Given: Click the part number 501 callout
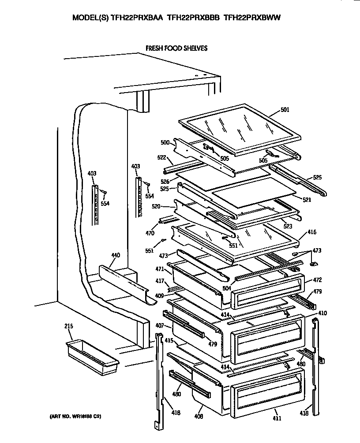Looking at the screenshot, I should click(285, 110).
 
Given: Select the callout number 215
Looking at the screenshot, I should click(68, 326).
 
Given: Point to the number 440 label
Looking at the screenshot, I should click(116, 255).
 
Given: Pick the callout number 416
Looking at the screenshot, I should click(311, 232).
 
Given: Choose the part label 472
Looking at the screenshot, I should click(317, 280).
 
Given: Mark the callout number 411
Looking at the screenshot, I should click(277, 418).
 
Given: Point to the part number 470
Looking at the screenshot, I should click(150, 233).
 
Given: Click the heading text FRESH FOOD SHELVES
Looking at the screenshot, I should click(176, 48).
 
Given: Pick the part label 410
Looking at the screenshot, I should click(322, 313).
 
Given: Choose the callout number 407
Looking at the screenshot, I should click(160, 326).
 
